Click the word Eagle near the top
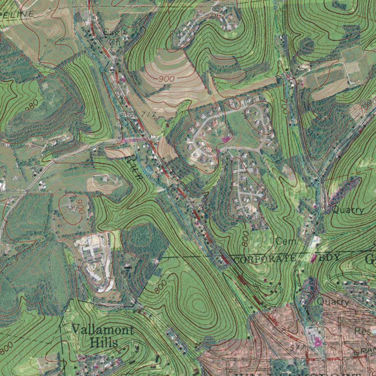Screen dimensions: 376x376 (x=115, y=32)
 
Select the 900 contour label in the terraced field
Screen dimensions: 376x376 (x=167, y=79)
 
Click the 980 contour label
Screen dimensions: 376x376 (x=32, y=106)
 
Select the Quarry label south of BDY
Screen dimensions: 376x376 (x=333, y=302)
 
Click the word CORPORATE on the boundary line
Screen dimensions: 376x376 (x=264, y=259)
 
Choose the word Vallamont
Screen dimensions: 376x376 (x=102, y=329)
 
